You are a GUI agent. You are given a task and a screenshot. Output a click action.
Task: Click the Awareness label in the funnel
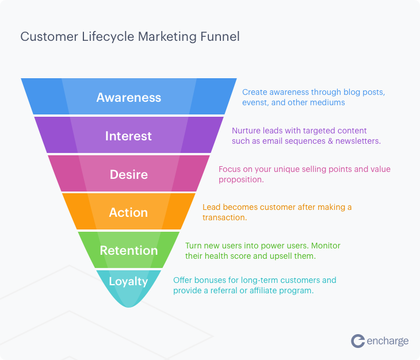[128, 97]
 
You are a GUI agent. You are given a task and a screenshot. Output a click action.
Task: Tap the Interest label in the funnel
[128, 136]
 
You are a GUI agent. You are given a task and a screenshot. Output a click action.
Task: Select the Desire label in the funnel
[128, 174]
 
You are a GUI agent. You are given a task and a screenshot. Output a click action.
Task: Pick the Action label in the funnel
[128, 212]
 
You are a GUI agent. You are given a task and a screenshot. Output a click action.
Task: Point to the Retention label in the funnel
[128, 250]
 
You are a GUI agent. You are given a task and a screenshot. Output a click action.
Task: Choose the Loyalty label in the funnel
[128, 281]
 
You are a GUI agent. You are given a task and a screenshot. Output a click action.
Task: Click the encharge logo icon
[358, 341]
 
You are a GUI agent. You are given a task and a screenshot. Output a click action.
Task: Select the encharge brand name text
[388, 341]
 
